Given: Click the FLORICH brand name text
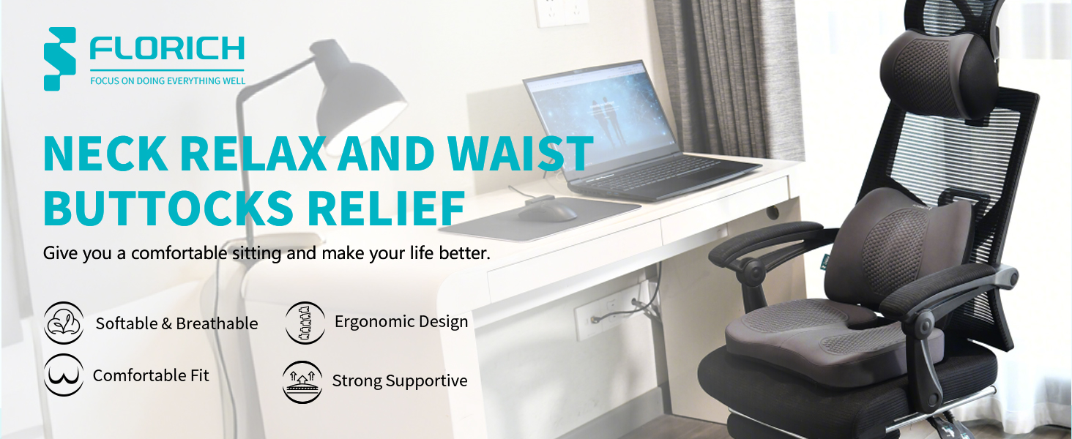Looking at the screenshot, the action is (167, 48).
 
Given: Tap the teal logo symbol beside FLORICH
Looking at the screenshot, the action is (60, 59).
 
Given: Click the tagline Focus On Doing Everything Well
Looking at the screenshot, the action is (168, 80).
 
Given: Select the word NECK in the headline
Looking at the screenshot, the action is (105, 154).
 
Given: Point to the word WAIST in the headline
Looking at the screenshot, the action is (520, 154).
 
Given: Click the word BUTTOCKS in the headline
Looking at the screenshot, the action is (168, 209).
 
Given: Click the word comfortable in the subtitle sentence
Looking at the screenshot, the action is (179, 252).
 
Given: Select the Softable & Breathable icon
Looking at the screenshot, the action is (64, 323).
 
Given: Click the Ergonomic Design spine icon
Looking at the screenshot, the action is (305, 323).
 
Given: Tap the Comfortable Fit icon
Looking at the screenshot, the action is (64, 375).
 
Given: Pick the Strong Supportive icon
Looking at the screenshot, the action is (302, 382).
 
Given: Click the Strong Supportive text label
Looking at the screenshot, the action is (400, 380).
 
